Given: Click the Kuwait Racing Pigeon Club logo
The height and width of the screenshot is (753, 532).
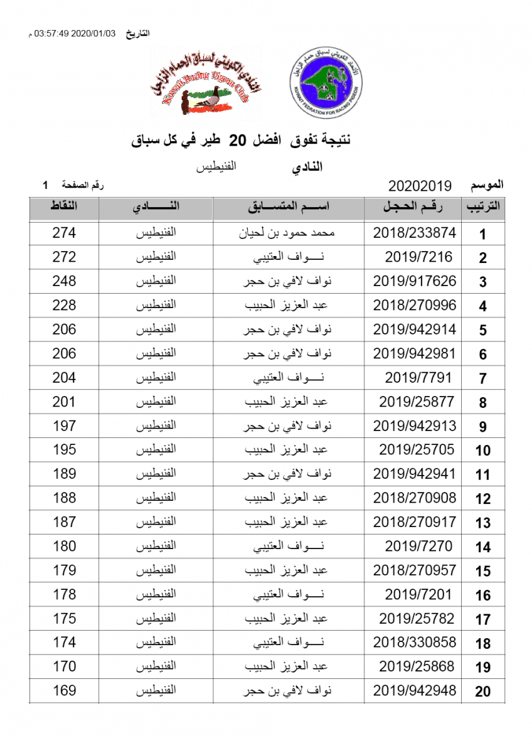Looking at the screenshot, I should click(205, 84).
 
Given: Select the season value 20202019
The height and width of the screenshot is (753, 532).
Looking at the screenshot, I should click(420, 186).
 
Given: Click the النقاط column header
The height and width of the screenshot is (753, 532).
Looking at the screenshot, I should click(64, 207).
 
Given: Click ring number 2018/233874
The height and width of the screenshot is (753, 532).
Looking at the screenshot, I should click(415, 233).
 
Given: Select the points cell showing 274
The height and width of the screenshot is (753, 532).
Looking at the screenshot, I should click(64, 233).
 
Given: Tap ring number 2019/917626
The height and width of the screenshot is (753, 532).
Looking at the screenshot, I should click(415, 281).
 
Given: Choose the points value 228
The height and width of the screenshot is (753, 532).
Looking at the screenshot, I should click(64, 306).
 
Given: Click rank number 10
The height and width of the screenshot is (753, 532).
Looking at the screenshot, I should click(483, 451).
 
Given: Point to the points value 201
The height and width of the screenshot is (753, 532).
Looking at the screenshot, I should click(64, 402).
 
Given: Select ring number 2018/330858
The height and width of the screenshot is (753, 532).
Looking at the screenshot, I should click(415, 643).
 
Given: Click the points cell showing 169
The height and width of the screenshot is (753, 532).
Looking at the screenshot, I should click(64, 691).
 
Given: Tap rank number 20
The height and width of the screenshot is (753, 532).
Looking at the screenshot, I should click(483, 692).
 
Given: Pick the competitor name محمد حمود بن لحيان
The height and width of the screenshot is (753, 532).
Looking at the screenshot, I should click(288, 233).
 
